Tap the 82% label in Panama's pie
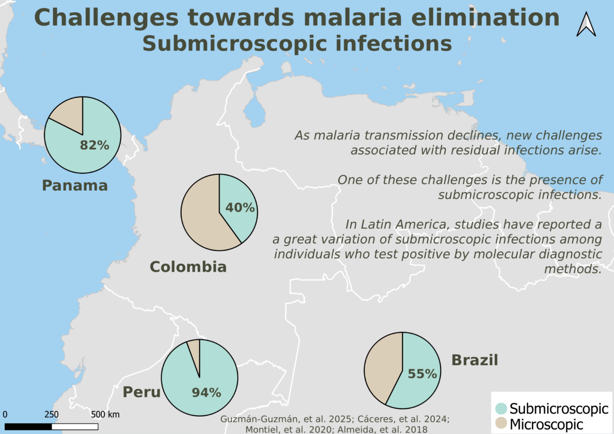[x=95, y=145]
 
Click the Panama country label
[x=75, y=186]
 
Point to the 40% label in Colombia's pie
[x=240, y=208]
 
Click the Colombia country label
[x=188, y=267]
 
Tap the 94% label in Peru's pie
[x=206, y=393]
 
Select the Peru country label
[x=141, y=392]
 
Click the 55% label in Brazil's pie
[x=423, y=374]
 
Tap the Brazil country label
[x=475, y=360]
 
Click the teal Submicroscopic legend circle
[x=501, y=408]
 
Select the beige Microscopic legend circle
[x=501, y=423]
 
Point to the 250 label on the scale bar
[x=52, y=414]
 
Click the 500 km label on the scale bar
[x=105, y=414]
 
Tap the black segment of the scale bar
[x=28, y=427]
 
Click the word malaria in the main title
[x=353, y=17]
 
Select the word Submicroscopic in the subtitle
[x=235, y=44]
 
